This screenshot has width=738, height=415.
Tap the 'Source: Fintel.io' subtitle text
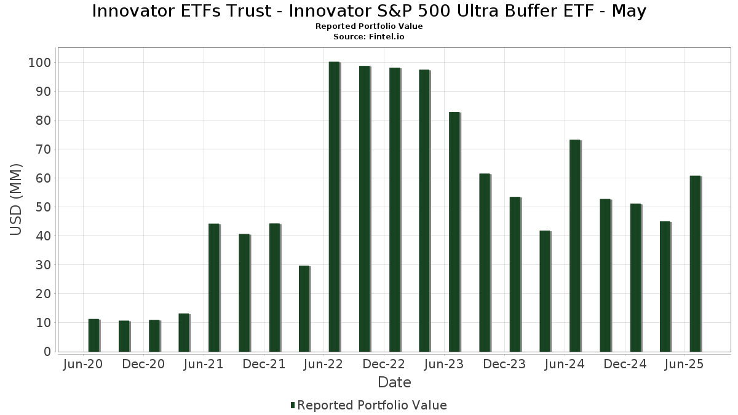point(369,36)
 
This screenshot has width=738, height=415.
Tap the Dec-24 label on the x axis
point(625,365)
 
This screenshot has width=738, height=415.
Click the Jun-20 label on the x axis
point(83,365)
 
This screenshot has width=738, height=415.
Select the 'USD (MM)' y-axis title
point(17,200)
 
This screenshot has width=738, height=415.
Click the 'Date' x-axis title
point(394,382)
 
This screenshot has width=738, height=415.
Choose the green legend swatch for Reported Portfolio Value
point(293,405)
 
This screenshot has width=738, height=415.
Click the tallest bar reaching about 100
point(334,207)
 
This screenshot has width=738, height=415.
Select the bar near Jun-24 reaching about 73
point(574,246)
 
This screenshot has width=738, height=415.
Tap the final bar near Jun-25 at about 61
point(695,264)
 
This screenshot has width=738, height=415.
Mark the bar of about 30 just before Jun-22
point(304,309)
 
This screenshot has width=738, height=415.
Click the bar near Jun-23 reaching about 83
point(454,232)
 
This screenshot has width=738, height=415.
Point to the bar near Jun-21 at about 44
point(213,288)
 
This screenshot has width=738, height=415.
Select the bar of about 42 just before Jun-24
point(544,291)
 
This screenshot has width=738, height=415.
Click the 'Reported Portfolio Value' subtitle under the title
point(369,26)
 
